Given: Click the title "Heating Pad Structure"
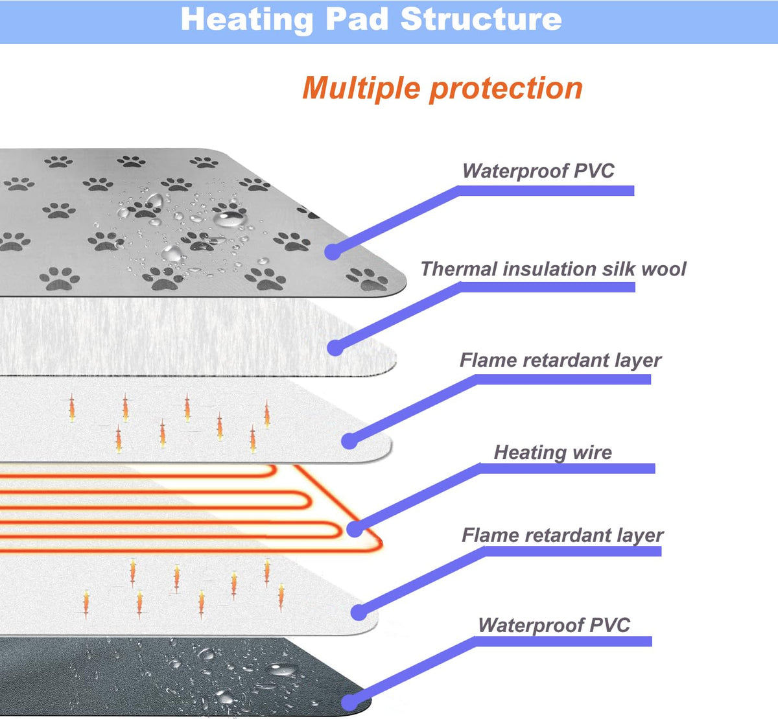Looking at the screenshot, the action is pos(371,20).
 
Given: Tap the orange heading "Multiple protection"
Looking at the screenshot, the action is pos(442,89).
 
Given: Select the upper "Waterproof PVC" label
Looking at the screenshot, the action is pos(538,171).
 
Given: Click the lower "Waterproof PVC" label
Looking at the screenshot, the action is pos(554,625).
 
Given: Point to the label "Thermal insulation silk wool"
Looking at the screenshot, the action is pos(553,269).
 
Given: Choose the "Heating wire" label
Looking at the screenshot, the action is pos(553,453).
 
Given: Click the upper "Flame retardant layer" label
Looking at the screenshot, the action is pos(561,360).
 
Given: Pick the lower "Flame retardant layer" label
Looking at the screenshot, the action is pos(563,536).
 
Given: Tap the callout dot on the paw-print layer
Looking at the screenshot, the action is pos(333,252).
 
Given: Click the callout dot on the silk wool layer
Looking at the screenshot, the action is pos(335,348).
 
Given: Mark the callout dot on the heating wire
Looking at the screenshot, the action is pos(355,529).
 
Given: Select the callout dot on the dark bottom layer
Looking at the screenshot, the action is pos(349,703).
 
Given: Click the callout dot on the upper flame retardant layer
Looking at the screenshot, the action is pos(349,442).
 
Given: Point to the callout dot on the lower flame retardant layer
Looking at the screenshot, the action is pos(359,613).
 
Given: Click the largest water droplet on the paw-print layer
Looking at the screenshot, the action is pos(229,218).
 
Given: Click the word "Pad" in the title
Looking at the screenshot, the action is pos(357,19).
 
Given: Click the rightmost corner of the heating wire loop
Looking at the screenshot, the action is pos(380,545).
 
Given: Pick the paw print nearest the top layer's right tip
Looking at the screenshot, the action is pos(367,280).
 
